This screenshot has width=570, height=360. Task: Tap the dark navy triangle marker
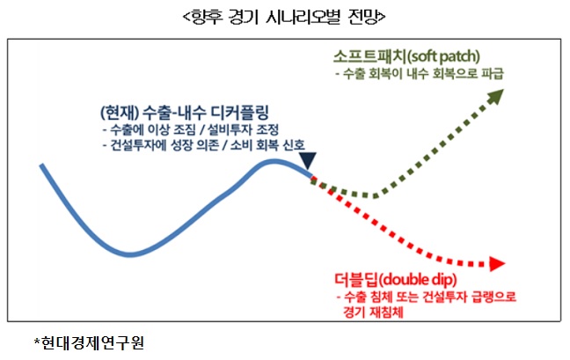click(x=308, y=161)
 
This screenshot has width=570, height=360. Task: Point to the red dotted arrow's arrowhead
click(x=497, y=264)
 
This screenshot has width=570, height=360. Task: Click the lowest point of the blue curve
click(x=129, y=254)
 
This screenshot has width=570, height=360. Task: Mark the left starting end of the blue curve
click(x=40, y=165)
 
